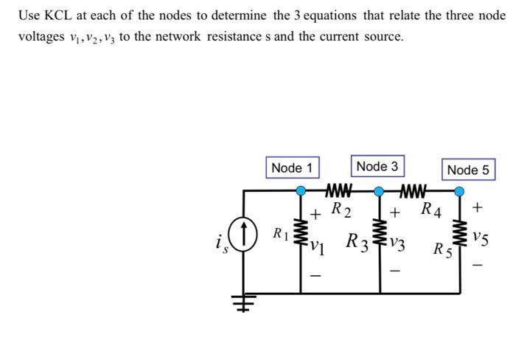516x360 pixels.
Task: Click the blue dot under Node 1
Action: (301, 191)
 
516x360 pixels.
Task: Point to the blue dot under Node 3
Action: (379, 191)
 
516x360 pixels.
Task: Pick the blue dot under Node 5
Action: (459, 191)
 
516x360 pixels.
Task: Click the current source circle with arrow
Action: (243, 234)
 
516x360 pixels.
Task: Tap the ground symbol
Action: (243, 302)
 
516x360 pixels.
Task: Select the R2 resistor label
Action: (341, 210)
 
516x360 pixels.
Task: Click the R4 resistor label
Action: (431, 210)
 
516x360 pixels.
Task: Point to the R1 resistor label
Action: (280, 234)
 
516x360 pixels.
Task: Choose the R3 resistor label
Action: (357, 243)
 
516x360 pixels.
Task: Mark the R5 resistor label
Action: (443, 250)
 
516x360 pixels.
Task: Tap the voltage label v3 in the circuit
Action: (398, 244)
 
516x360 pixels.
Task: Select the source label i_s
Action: (221, 244)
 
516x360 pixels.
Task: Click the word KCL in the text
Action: (58, 15)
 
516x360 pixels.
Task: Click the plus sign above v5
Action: (477, 208)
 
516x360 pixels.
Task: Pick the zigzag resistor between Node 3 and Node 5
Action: (414, 190)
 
